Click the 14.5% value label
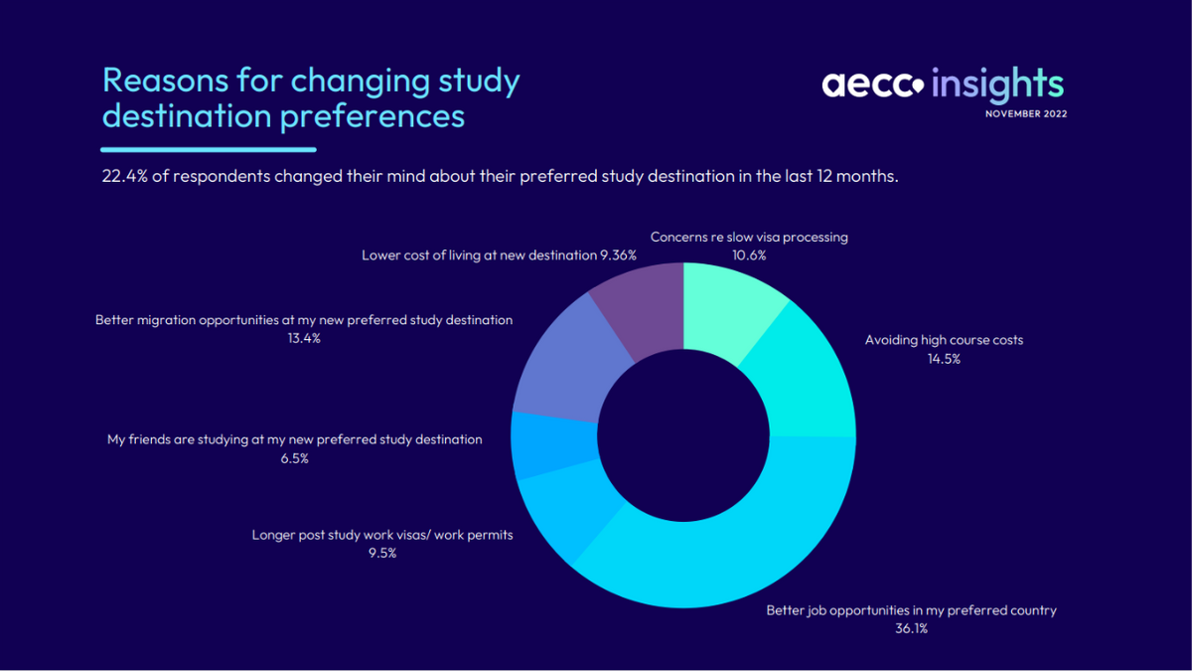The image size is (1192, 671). coord(943,359)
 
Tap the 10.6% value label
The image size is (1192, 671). coord(749,255)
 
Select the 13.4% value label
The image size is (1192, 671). coord(303,339)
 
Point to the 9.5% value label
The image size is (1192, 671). coord(381,554)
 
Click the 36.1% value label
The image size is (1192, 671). coord(910,629)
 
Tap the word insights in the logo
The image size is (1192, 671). coord(997,84)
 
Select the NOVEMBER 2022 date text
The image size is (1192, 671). coord(1025,114)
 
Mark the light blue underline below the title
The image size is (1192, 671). coord(209,149)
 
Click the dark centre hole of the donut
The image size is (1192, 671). coord(683,437)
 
